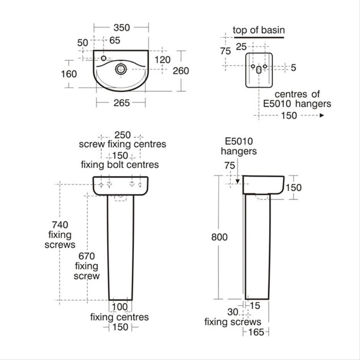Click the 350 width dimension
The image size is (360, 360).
pyautogui.click(x=122, y=28)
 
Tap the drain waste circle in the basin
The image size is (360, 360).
pyautogui.click(x=121, y=69)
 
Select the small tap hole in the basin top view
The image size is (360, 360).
pyautogui.click(x=103, y=58)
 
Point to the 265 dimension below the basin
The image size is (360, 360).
pyautogui.click(x=122, y=103)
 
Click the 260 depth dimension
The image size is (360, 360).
pyautogui.click(x=181, y=71)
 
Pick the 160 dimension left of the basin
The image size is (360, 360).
pyautogui.click(x=69, y=74)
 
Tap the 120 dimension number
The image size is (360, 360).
pyautogui.click(x=162, y=60)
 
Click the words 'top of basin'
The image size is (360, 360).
pyautogui.click(x=259, y=30)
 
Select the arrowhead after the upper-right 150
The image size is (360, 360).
pyautogui.click(x=322, y=115)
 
